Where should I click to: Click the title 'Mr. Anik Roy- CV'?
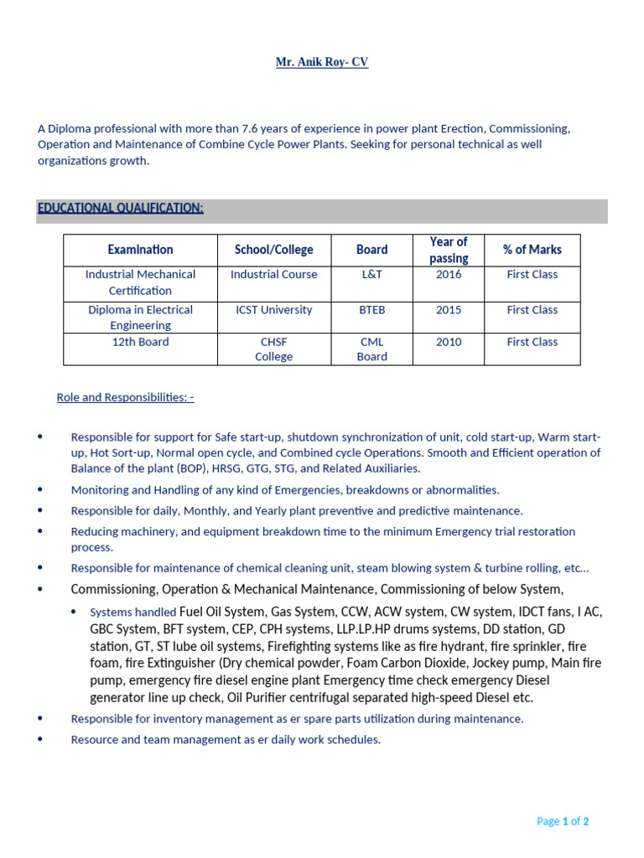click(x=322, y=63)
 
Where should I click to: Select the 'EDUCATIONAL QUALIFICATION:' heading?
click(x=121, y=208)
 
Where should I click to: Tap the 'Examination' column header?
click(x=140, y=250)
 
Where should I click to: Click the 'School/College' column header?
click(x=273, y=250)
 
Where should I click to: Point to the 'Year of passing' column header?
click(x=449, y=250)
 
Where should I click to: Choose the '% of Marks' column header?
click(x=532, y=250)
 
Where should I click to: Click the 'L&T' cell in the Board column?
click(x=371, y=275)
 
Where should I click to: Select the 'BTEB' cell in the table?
click(x=371, y=310)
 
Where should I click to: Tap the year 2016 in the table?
click(x=449, y=275)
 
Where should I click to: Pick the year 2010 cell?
click(x=449, y=343)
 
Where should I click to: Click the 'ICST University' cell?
click(x=273, y=310)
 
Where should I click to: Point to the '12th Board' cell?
click(x=140, y=343)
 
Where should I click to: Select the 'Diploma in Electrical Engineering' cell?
click(x=140, y=318)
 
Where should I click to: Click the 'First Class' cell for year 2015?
click(x=532, y=310)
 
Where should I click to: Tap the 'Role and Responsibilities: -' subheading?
click(x=125, y=397)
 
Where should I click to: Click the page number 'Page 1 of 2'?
click(x=563, y=821)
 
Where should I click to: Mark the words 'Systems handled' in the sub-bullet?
click(x=132, y=612)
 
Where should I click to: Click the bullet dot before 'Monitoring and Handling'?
click(x=40, y=489)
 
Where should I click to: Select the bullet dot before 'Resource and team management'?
click(x=40, y=740)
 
